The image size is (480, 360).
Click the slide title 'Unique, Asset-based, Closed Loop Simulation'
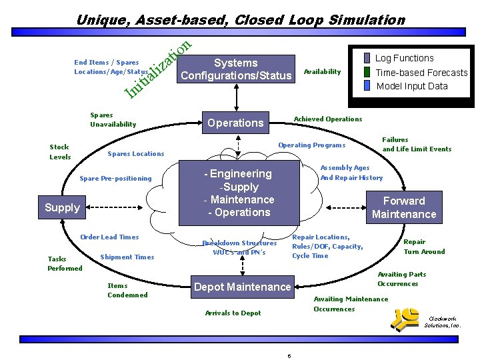tap(240, 20)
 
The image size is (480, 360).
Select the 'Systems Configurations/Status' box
tap(236, 69)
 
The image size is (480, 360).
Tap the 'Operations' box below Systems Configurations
tap(235, 123)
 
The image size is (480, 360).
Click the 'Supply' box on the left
tap(62, 207)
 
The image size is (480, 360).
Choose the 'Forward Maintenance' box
tap(403, 207)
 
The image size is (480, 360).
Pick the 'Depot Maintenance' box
tap(242, 287)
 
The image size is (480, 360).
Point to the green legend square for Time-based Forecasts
tap(367, 73)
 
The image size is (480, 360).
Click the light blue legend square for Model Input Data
tap(367, 85)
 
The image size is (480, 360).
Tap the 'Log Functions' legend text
tap(404, 58)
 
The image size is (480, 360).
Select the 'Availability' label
tap(322, 71)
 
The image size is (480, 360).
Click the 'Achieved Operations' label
tap(328, 119)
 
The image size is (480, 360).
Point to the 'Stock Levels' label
tap(59, 152)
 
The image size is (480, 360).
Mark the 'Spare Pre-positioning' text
tap(115, 178)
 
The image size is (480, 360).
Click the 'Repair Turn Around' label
tap(424, 247)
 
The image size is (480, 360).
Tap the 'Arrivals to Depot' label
tap(233, 313)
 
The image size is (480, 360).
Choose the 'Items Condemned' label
tap(127, 290)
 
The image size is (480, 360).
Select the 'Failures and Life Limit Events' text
tap(416, 145)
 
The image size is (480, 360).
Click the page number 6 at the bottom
tap(289, 355)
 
